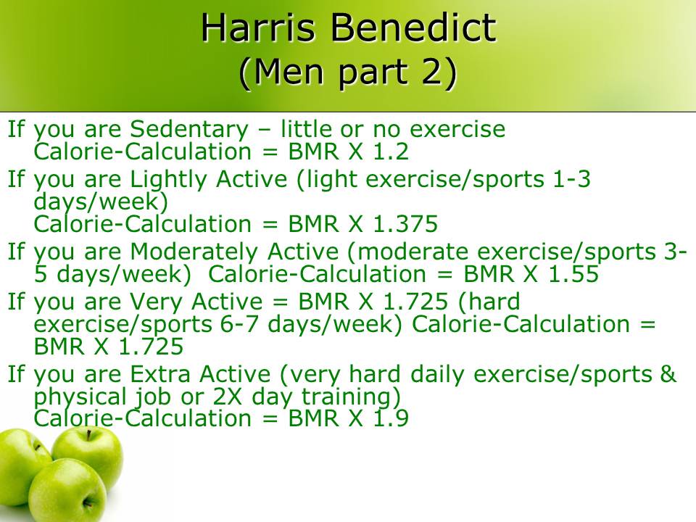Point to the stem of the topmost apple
click(89, 434)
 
